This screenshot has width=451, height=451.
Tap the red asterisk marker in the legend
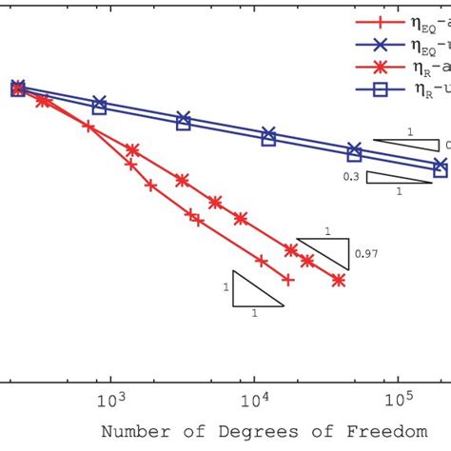pos(381,68)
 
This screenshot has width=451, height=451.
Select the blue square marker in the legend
pos(381,91)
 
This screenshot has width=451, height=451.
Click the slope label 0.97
pos(365,253)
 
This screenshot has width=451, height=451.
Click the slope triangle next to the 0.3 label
pos(391,178)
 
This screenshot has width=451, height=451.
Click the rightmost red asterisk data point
pos(339,280)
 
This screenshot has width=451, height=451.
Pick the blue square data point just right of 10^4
pos(268,140)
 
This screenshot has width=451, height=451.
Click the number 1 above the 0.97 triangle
pos(327,231)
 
